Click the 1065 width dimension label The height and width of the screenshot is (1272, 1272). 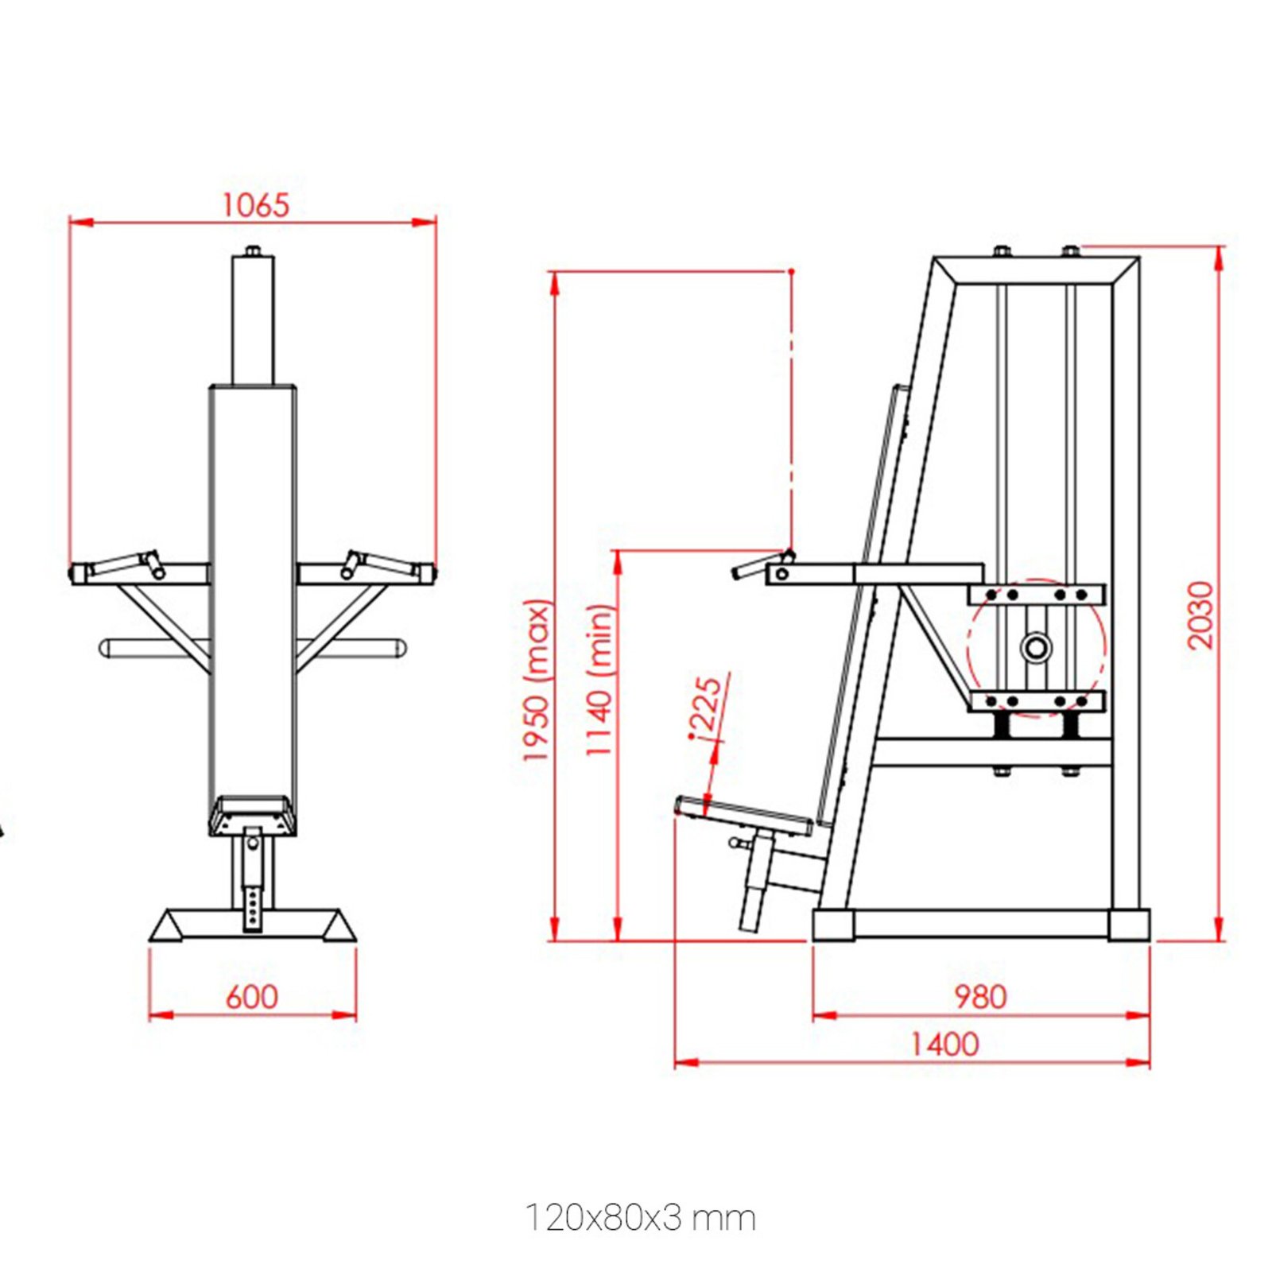click(x=255, y=205)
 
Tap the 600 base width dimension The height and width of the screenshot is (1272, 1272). click(x=251, y=997)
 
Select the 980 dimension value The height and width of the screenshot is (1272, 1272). click(x=979, y=997)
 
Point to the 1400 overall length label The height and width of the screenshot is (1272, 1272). click(x=944, y=1045)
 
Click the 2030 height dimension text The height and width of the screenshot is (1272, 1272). click(x=1200, y=615)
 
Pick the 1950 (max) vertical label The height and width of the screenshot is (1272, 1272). click(x=537, y=680)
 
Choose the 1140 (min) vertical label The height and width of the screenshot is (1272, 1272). click(x=600, y=680)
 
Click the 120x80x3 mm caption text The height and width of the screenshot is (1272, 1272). click(x=640, y=1218)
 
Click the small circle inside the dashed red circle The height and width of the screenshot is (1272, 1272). click(x=1036, y=646)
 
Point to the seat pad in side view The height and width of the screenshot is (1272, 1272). click(x=743, y=814)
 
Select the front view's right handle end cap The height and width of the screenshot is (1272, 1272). click(x=427, y=571)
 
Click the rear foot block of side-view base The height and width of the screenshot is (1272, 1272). click(x=1129, y=925)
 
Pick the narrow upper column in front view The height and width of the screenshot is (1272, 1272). click(x=253, y=318)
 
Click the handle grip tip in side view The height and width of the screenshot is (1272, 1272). click(x=738, y=572)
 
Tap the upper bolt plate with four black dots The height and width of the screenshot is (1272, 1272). click(x=1036, y=595)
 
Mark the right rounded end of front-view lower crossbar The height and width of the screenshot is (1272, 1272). click(x=400, y=647)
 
